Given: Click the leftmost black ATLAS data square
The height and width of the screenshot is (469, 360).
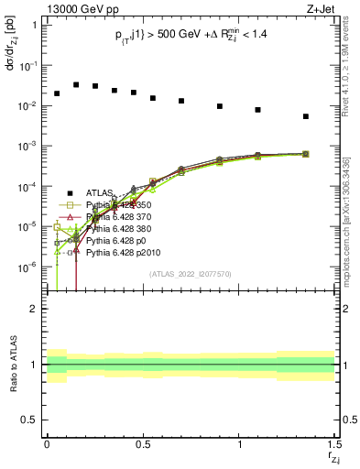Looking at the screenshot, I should [x=57, y=93].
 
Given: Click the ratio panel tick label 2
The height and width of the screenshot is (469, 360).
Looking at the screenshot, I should [x=34, y=309].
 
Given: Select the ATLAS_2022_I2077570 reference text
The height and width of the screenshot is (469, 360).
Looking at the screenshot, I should [x=191, y=273].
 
